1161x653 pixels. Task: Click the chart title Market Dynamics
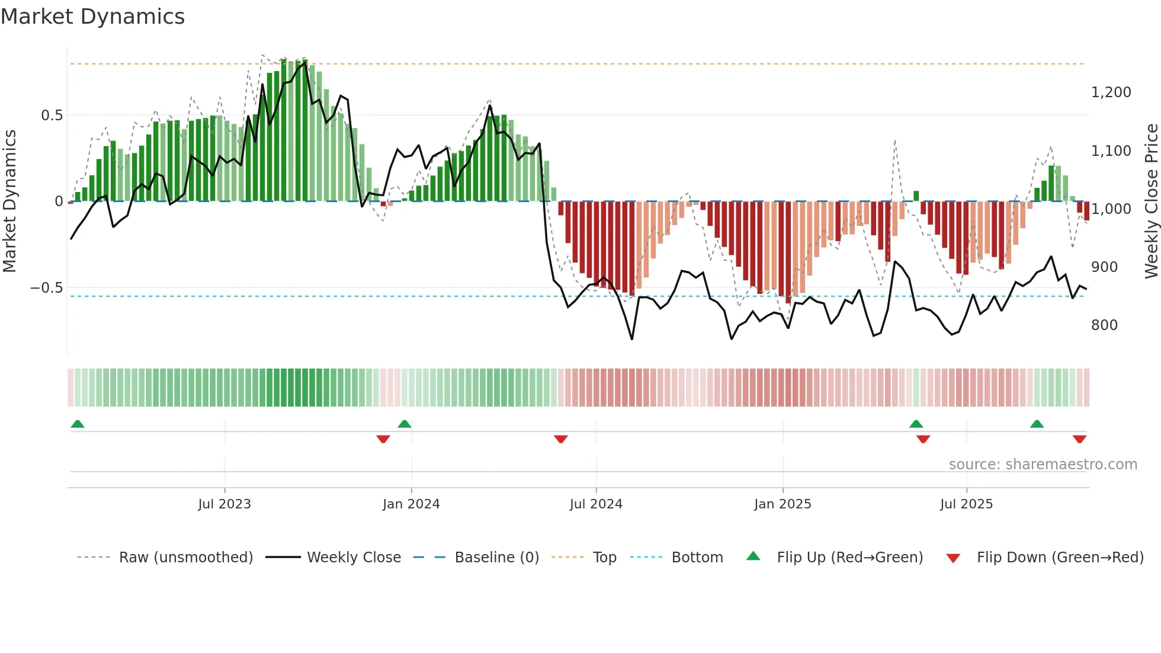click(92, 17)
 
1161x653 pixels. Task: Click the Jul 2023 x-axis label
click(224, 504)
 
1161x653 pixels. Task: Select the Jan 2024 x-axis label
click(411, 504)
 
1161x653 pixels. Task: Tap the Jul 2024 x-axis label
click(596, 504)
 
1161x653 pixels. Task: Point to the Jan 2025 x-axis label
click(782, 504)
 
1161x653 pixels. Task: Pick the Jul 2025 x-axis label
click(966, 504)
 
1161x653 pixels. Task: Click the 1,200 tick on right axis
click(1111, 92)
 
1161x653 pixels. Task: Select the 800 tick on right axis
click(1104, 325)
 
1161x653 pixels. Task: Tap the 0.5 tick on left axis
click(52, 116)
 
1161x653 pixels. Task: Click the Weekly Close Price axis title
click(1151, 201)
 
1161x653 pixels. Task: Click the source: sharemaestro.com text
click(1043, 465)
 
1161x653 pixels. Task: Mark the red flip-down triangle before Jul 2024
click(561, 439)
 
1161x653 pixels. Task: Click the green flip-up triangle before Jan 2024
click(405, 424)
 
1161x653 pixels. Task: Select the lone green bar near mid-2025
click(916, 196)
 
